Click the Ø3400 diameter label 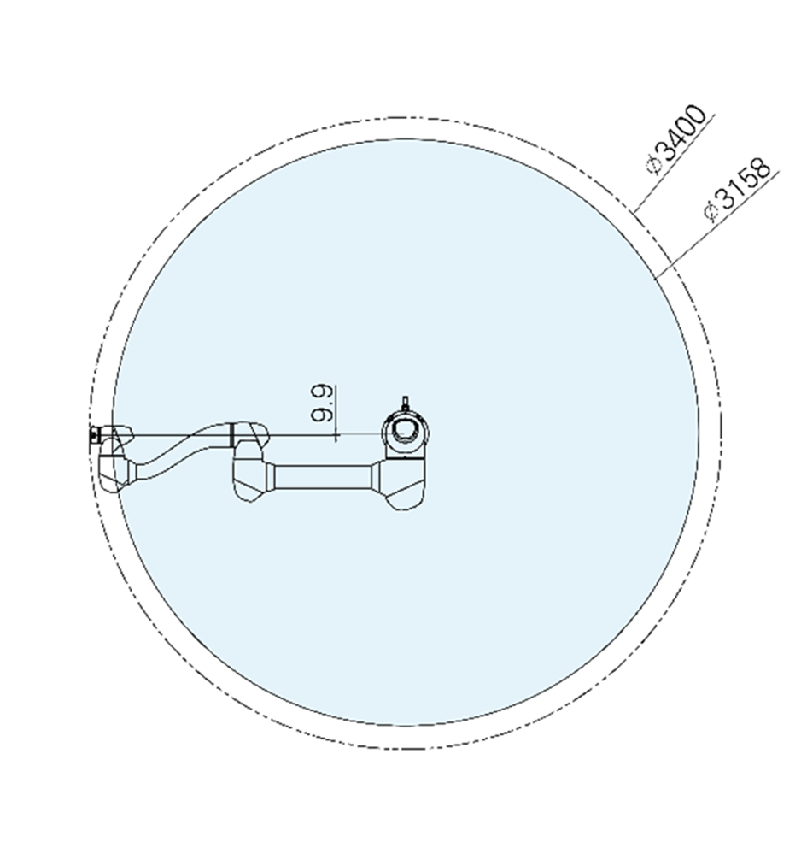click(678, 138)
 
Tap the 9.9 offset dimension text click(322, 403)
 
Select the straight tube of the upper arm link click(322, 477)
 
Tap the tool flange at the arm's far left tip click(93, 435)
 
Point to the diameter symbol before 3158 click(711, 213)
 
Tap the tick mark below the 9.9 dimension click(337, 436)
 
